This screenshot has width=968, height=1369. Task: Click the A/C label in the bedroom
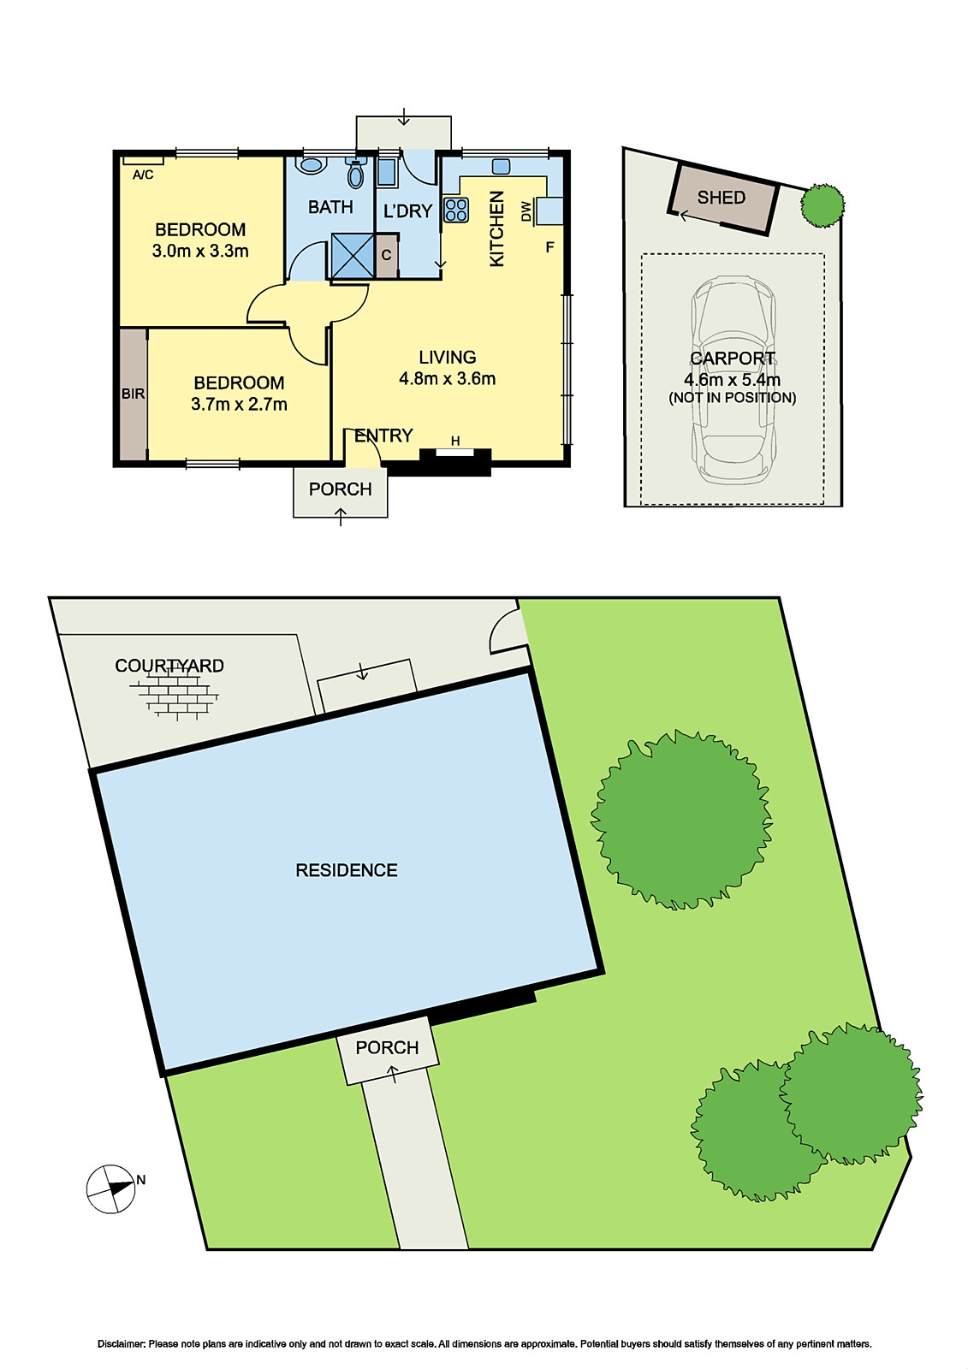(143, 175)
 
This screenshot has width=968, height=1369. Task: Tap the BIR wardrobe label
(133, 394)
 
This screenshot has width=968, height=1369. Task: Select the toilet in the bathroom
(355, 175)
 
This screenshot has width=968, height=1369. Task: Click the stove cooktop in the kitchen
(456, 210)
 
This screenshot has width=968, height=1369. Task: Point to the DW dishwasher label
(526, 210)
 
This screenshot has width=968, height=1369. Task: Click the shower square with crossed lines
(353, 256)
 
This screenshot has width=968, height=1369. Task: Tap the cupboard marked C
(386, 255)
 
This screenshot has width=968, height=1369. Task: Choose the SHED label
(721, 198)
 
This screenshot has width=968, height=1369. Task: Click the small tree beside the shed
(823, 205)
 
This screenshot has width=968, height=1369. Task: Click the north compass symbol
(112, 1188)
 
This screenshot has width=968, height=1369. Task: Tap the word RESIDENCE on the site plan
(347, 870)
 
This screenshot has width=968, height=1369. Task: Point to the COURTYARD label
(169, 666)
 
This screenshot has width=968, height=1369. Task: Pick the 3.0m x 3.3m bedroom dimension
(200, 252)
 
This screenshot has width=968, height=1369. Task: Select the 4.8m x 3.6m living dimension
(447, 379)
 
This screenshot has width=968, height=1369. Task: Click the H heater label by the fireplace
(455, 442)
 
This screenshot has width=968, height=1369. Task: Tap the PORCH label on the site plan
(387, 1048)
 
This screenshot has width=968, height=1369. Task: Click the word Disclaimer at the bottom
(122, 1344)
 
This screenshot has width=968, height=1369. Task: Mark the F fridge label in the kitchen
(549, 247)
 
